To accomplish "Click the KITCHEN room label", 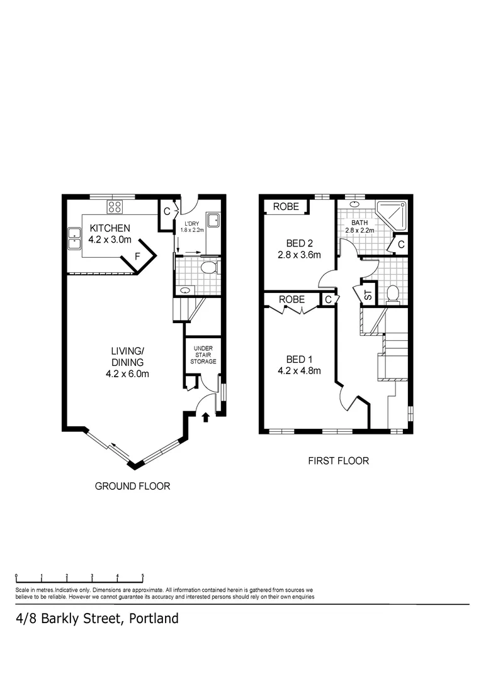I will click(x=110, y=228).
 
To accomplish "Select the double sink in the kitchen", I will click(x=74, y=238).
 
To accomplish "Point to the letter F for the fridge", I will click(x=138, y=257).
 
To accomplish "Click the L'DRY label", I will click(x=193, y=224).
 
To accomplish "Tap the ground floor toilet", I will click(x=210, y=268).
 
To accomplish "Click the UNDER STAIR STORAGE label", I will click(x=205, y=355).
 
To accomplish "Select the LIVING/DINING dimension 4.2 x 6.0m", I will click(x=128, y=373).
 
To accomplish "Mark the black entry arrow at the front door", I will click(x=206, y=417).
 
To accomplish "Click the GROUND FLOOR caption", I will click(x=132, y=486).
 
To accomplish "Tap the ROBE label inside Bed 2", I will click(x=286, y=206).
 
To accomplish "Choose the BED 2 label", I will click(x=300, y=243).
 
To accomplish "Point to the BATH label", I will click(x=359, y=223).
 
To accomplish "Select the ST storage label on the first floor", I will click(x=368, y=293).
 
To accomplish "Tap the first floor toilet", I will click(x=392, y=294).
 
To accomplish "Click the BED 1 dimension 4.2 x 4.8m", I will click(x=300, y=370).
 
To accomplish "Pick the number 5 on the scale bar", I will click(x=142, y=576).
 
